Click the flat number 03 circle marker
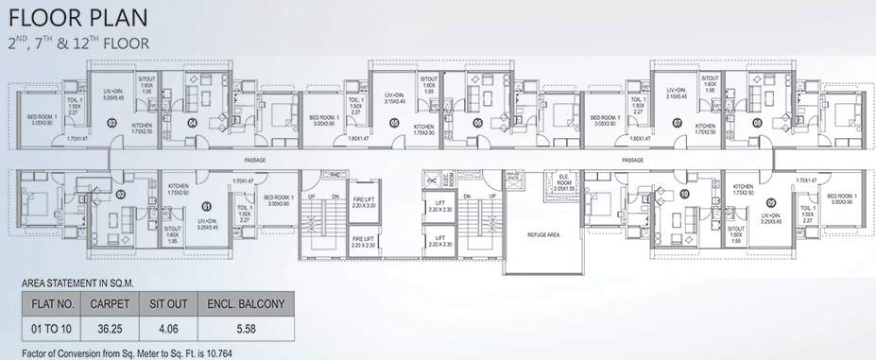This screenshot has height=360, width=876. [112, 123]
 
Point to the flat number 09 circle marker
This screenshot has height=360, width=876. [772, 201]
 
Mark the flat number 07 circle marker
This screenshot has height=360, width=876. [677, 123]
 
